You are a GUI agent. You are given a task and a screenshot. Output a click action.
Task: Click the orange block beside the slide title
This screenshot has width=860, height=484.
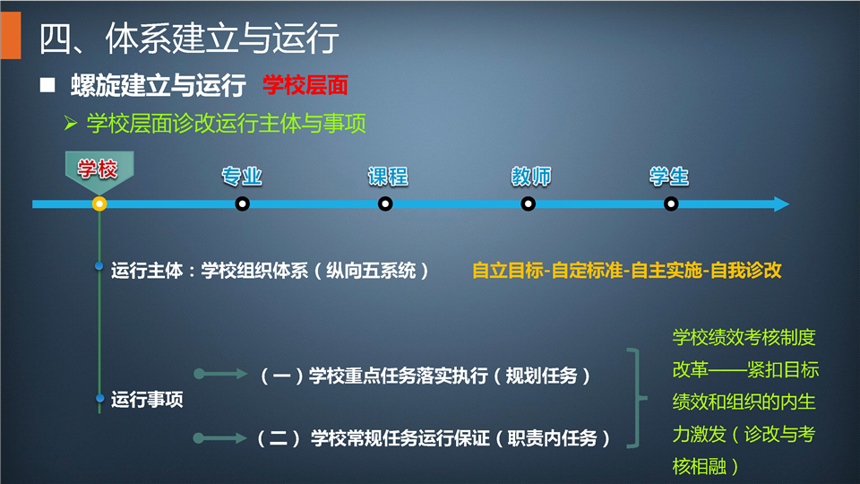(11, 35)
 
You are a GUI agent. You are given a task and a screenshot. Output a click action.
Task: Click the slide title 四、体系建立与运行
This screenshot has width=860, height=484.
(189, 39)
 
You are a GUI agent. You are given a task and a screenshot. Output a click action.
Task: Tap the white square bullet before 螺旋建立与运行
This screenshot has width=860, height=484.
(47, 85)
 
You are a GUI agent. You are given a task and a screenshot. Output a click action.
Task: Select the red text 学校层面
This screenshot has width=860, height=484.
(305, 86)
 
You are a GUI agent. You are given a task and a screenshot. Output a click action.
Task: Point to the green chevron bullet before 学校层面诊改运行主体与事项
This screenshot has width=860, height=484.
(70, 123)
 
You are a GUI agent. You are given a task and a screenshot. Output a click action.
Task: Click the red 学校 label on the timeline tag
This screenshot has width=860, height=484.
(98, 169)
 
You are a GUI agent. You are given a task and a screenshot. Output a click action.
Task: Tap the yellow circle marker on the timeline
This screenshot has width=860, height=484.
(99, 204)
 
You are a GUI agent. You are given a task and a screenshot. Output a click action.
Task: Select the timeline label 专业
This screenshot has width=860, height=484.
(242, 177)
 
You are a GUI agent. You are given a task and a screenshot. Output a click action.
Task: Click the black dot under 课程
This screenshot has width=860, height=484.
(385, 204)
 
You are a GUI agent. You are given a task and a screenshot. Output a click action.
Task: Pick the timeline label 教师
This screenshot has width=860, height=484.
(531, 177)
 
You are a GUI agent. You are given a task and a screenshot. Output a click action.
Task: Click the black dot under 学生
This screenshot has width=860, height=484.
(671, 204)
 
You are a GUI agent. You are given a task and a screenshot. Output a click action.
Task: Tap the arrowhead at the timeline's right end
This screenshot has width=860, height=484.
(781, 204)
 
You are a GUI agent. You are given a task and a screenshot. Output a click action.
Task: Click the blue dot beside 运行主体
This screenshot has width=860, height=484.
(99, 266)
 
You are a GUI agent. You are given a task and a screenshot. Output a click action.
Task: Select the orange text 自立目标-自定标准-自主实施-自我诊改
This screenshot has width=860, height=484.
(626, 271)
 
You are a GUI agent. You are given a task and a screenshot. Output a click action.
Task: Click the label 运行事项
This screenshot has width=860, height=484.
(147, 400)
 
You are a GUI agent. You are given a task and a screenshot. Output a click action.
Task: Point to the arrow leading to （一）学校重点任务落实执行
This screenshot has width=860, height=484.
(220, 375)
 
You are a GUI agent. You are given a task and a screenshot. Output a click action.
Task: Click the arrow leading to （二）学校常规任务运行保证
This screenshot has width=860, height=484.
(220, 438)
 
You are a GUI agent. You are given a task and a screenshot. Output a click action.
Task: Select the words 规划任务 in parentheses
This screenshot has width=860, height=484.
(541, 376)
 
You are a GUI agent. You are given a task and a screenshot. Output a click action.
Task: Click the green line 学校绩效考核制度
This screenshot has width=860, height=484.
(744, 338)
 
